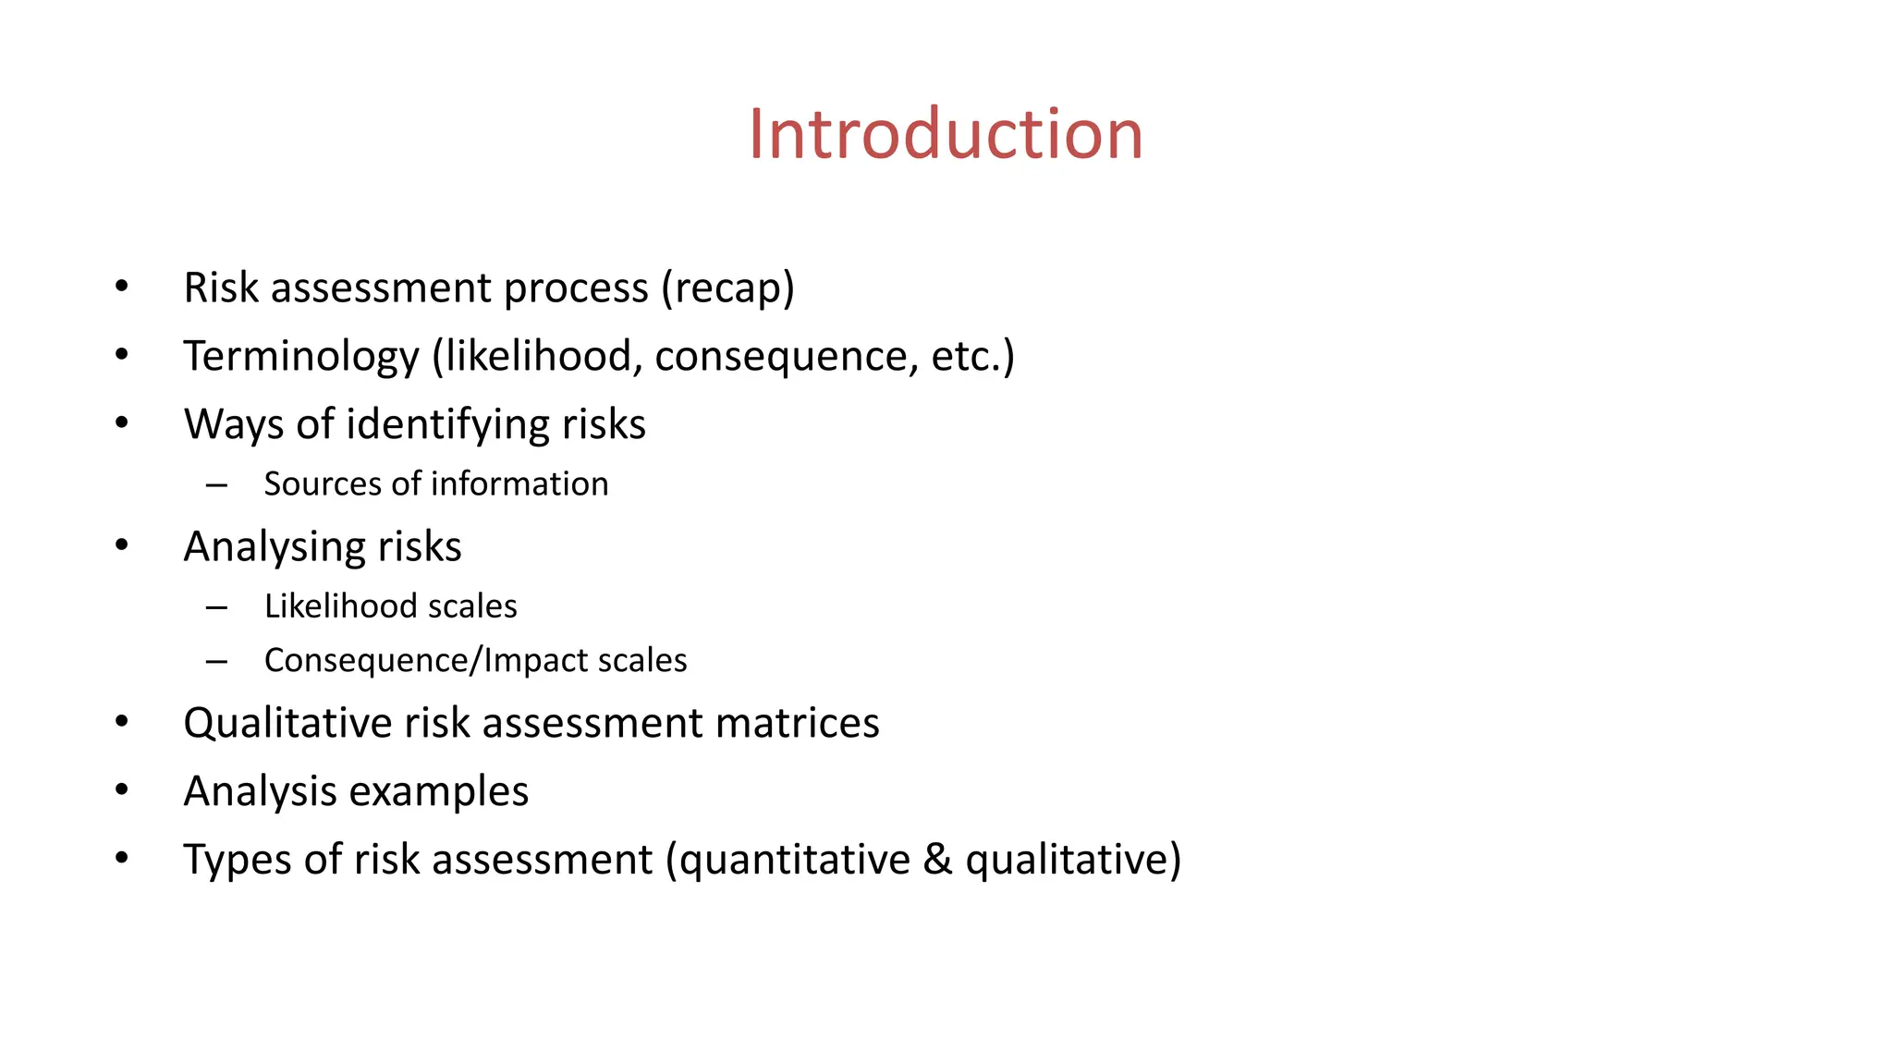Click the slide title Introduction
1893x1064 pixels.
tap(946, 134)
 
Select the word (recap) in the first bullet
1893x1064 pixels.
tap(727, 287)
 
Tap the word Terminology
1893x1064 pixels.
tap(301, 357)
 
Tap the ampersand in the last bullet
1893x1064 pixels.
tap(937, 860)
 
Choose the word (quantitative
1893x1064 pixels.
tap(788, 860)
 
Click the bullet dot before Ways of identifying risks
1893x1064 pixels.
tap(122, 423)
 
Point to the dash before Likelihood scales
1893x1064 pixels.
tap(217, 607)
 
